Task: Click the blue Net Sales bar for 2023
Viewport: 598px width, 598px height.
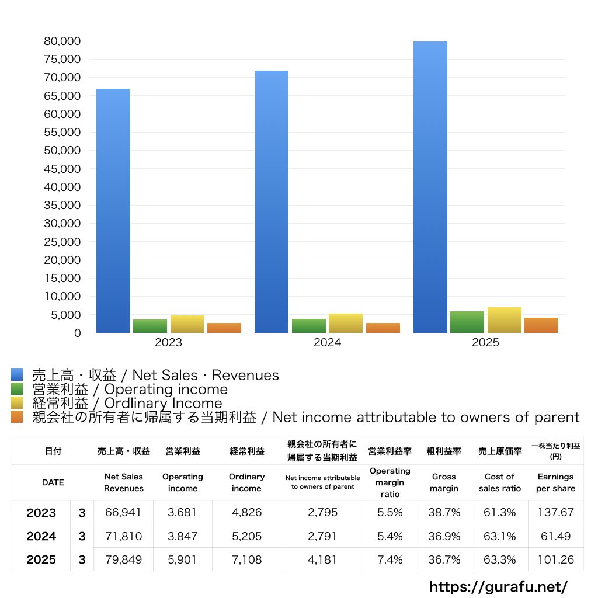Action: click(x=113, y=211)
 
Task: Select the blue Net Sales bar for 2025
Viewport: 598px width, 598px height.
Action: click(x=430, y=187)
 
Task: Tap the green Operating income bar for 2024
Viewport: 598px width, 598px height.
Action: click(x=309, y=326)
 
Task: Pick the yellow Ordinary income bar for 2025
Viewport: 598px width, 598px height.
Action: click(x=505, y=320)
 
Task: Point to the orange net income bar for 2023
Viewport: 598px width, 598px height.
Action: click(x=224, y=328)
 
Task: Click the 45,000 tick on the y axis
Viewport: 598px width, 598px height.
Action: click(x=62, y=169)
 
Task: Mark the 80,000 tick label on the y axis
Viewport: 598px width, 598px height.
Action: click(x=62, y=41)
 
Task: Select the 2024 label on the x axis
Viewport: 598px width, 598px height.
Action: click(x=327, y=342)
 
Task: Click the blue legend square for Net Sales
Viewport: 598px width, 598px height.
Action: click(x=17, y=374)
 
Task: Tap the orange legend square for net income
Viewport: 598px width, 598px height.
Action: click(x=17, y=417)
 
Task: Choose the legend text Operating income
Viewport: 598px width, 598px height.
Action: click(x=166, y=390)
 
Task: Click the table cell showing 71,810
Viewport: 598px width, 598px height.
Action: click(x=123, y=536)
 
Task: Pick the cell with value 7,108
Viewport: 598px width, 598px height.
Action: click(x=247, y=559)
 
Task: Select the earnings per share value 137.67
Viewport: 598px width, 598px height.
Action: click(x=556, y=512)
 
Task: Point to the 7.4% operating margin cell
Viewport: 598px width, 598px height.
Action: click(x=390, y=559)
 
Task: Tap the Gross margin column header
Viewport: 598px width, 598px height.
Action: click(x=444, y=482)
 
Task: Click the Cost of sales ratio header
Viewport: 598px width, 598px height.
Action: click(x=500, y=482)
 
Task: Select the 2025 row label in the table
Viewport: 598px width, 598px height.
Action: click(x=41, y=559)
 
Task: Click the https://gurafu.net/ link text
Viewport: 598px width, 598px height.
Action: click(x=499, y=587)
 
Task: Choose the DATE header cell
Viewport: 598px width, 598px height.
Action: click(x=53, y=482)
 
